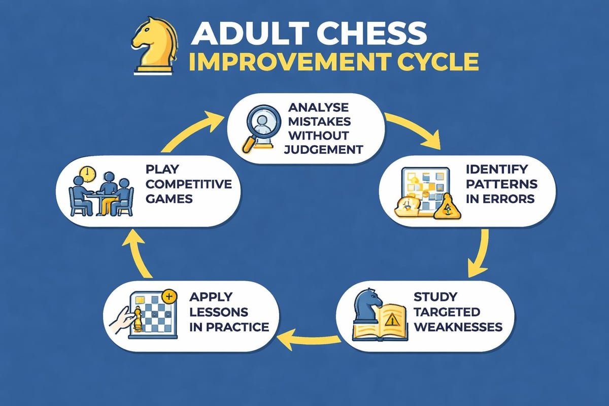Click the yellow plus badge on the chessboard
point(169,295)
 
